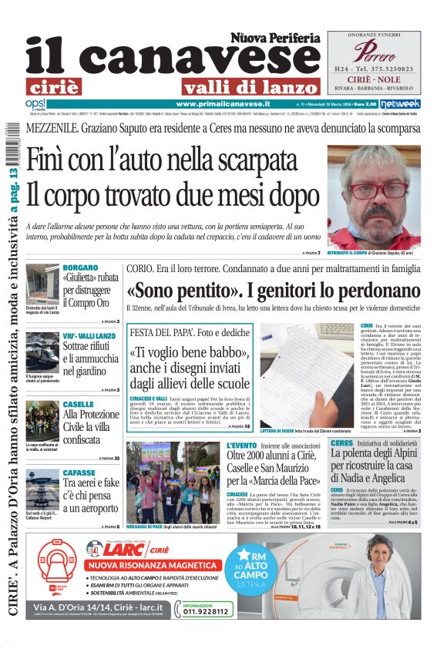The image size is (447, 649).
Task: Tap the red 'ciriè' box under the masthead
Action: (x=63, y=86)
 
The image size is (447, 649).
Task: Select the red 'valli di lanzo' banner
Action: (x=250, y=87)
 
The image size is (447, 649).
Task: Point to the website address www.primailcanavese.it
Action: (x=223, y=103)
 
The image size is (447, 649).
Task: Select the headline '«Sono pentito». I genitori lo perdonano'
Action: (x=274, y=292)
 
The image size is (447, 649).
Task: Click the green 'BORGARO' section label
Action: (x=79, y=267)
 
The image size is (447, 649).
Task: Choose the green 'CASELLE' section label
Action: (x=79, y=404)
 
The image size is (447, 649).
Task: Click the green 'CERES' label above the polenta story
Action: (x=341, y=443)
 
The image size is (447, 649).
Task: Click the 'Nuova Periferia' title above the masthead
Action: (x=274, y=37)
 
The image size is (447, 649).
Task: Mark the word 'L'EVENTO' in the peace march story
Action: (x=242, y=446)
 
